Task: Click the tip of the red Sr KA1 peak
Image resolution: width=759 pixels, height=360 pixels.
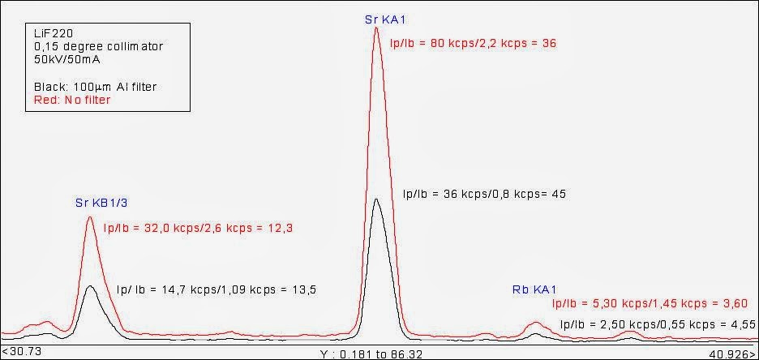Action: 376,28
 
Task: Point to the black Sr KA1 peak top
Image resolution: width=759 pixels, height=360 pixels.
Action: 376,199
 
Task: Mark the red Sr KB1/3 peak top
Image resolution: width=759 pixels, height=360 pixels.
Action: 91,216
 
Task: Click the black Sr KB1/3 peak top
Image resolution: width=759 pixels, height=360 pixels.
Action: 91,285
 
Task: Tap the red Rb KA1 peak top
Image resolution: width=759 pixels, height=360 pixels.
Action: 534,323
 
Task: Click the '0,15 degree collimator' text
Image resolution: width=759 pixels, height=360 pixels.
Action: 93,47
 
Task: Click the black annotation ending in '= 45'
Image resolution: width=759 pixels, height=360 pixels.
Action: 484,194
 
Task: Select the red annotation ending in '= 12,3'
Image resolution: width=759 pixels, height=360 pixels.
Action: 198,229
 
